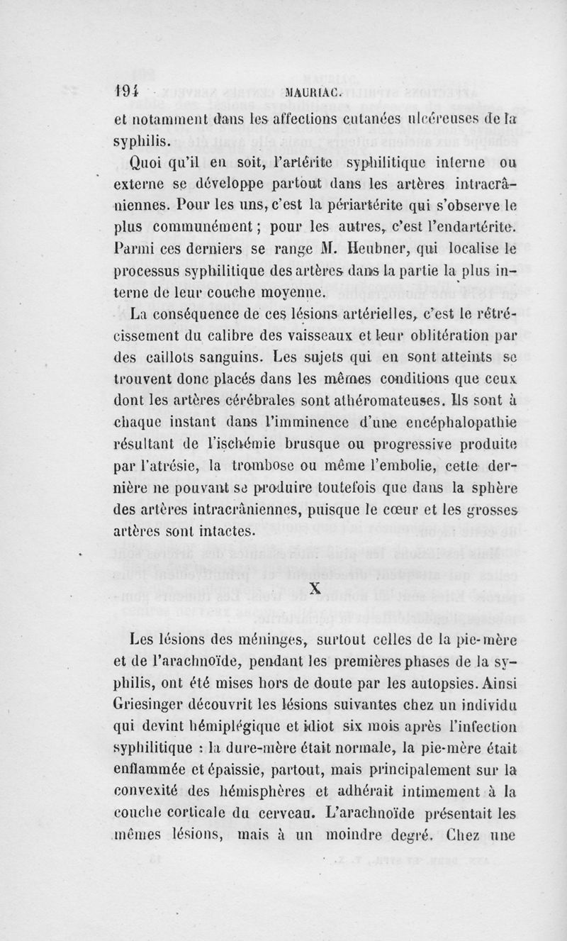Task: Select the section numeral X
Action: coord(316,588)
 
